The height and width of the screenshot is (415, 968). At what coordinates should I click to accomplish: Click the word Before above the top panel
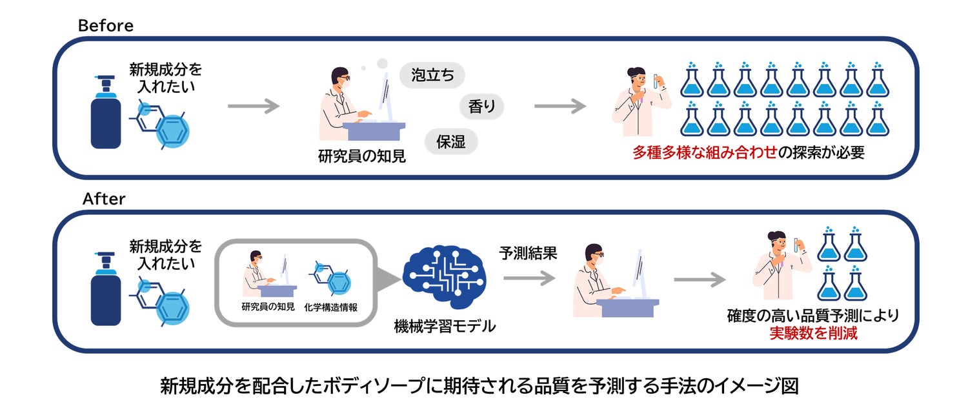[x=105, y=26]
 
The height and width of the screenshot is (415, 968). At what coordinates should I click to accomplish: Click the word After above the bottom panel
[x=104, y=199]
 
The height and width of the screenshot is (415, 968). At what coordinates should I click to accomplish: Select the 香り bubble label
[x=482, y=106]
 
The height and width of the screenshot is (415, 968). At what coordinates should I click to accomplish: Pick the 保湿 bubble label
[x=450, y=141]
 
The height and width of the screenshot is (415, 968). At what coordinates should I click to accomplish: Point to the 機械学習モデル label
[x=445, y=326]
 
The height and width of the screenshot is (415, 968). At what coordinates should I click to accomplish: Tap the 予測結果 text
[x=529, y=253]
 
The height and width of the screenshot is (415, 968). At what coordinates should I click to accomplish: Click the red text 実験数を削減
[x=813, y=334]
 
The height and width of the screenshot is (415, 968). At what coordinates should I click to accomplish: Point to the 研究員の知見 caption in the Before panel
[x=362, y=156]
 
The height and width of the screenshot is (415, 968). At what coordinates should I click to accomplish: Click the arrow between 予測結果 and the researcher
[x=529, y=278]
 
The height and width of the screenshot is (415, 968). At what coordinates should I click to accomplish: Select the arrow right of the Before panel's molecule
[x=254, y=106]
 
